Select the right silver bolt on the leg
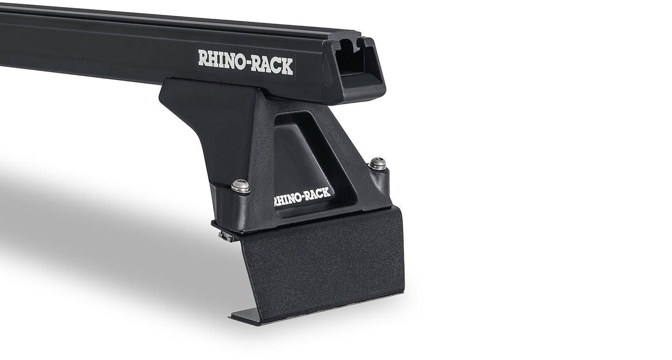point(378,163)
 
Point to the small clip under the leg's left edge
point(226,235)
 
